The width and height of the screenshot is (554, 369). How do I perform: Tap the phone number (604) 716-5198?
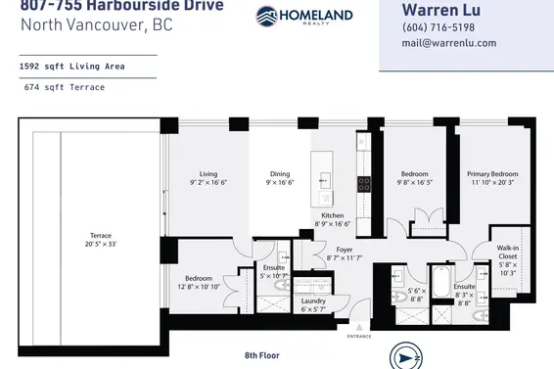pos(438,27)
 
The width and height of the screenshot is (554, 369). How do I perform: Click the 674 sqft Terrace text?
pos(66,87)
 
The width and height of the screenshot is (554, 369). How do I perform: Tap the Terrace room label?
pos(101,236)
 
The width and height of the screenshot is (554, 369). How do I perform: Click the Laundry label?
pos(313,300)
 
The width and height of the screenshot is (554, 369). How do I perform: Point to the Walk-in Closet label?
pos(507,254)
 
